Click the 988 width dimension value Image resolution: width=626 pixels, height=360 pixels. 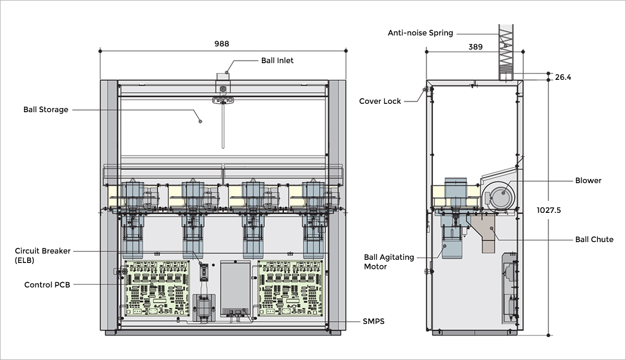[x=222, y=44]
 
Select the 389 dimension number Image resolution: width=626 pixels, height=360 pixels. [x=475, y=46]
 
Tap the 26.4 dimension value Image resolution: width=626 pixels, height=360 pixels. [x=563, y=77]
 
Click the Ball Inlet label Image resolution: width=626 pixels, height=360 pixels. [x=277, y=61]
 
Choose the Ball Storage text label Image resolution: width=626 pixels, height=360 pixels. [x=46, y=110]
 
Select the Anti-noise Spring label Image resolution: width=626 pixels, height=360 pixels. [x=420, y=33]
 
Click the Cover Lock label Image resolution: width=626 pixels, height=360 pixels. [x=380, y=101]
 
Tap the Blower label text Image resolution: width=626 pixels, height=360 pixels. [x=588, y=181]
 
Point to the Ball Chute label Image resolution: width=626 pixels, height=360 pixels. [x=594, y=239]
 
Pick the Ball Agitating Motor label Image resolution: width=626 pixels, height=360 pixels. [x=389, y=262]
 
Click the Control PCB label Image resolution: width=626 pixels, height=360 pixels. [x=47, y=285]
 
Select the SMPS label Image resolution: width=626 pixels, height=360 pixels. [x=374, y=321]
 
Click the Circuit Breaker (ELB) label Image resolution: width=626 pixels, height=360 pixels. [x=43, y=256]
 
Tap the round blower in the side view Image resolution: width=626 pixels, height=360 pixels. [x=499, y=195]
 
